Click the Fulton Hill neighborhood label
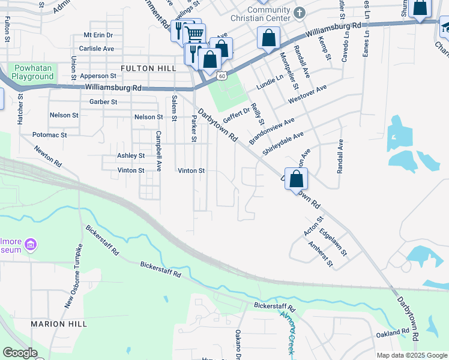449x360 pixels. click(148, 69)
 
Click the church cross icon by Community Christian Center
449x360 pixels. click(300, 11)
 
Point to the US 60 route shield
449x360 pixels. click(222, 76)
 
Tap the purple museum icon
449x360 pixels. click(31, 245)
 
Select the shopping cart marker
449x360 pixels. click(193, 33)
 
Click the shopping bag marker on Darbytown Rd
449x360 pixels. click(297, 179)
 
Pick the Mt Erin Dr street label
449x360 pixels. click(98, 35)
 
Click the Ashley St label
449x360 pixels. click(131, 155)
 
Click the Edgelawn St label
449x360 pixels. click(334, 242)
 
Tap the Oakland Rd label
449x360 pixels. click(393, 333)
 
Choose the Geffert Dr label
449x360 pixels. click(237, 112)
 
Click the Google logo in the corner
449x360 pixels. click(20, 353)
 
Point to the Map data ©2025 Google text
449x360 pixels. click(412, 355)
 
